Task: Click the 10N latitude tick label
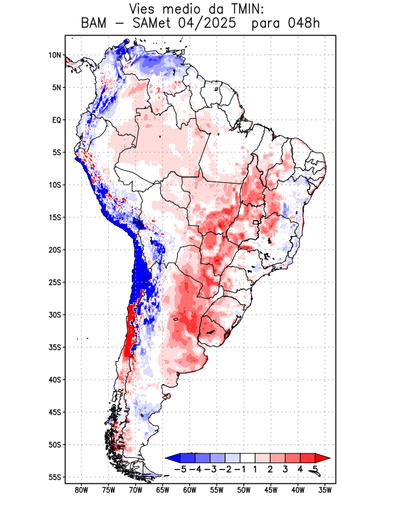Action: tap(55, 55)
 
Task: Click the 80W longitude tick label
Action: tap(81, 490)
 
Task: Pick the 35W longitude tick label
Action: tap(325, 490)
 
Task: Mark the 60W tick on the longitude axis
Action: tap(189, 490)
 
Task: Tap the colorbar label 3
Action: tap(286, 469)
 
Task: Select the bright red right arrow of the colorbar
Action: tap(322, 458)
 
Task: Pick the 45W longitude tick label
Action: tap(271, 490)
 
